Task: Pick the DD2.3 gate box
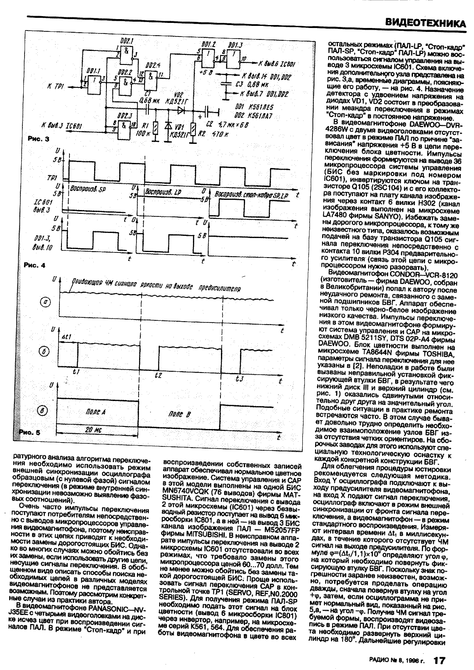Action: [125, 126]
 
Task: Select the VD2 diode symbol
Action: [181, 111]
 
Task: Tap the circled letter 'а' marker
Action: [45, 302]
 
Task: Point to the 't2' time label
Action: [158, 375]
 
